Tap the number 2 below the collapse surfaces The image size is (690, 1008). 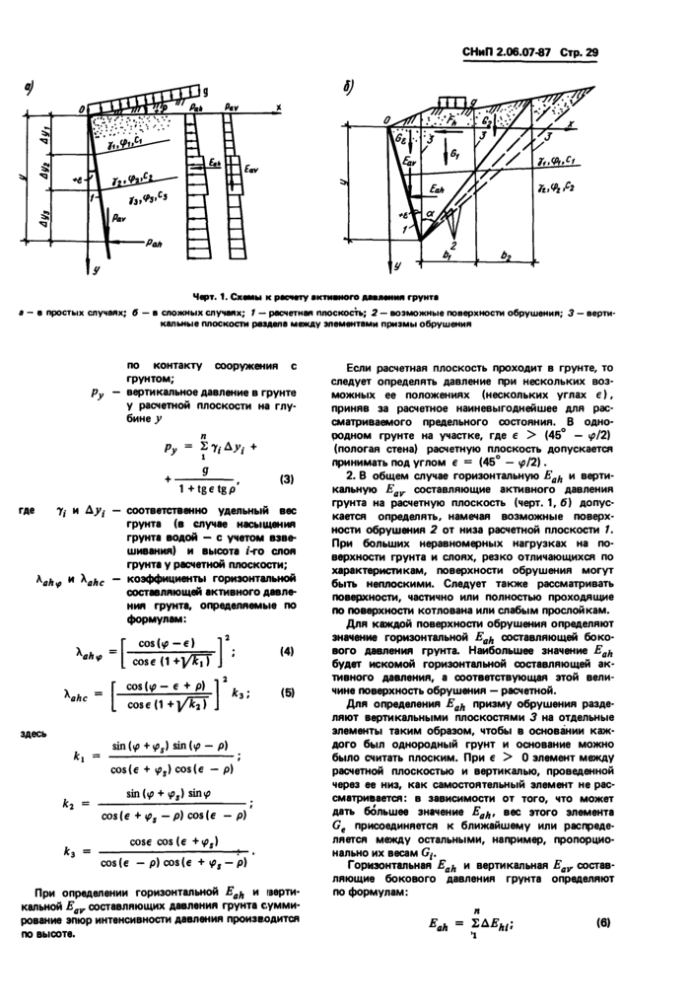[x=450, y=245]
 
